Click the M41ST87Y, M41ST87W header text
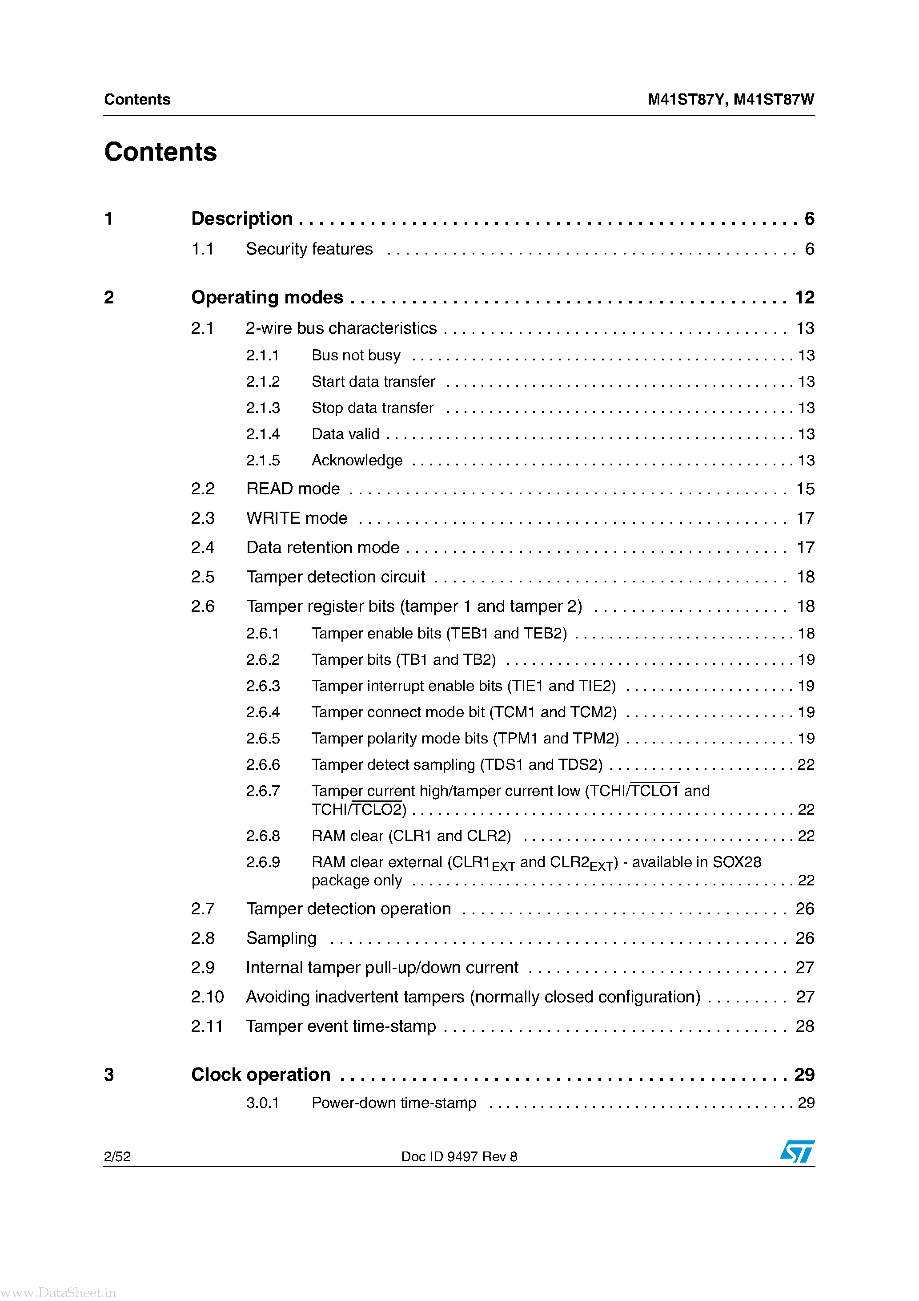pos(730,100)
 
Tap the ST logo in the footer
pos(797,1152)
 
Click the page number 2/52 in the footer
pos(117,1156)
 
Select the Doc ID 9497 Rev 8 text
pos(459,1156)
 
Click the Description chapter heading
pos(242,219)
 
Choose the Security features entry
pos(309,249)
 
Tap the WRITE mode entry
pos(297,518)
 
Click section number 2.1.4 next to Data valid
pos(263,434)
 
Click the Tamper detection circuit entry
pos(335,577)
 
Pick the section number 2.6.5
pos(263,738)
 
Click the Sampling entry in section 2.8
pos(281,938)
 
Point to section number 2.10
pos(207,997)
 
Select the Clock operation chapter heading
pos(261,1075)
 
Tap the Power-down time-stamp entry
pos(393,1103)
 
